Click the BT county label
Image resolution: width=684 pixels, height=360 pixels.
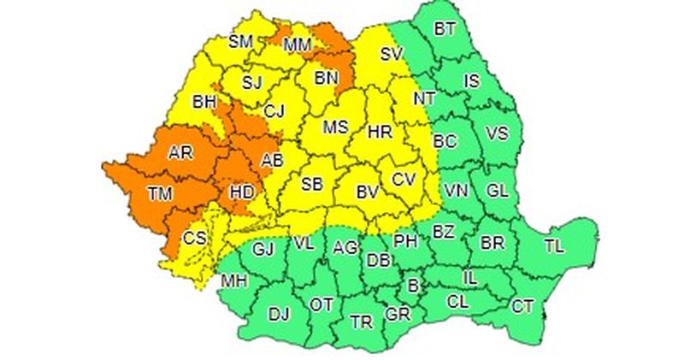(x=445, y=29)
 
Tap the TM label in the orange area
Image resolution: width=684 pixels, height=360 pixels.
(x=159, y=194)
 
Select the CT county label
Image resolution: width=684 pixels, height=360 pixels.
(x=522, y=305)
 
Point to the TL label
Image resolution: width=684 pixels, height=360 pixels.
(x=554, y=247)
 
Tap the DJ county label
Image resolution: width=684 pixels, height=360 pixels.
(x=279, y=314)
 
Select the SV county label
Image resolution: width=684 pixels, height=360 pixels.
(x=392, y=54)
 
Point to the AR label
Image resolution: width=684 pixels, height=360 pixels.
(x=180, y=153)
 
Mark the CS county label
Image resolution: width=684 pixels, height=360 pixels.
(x=196, y=237)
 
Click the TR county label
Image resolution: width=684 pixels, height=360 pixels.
(x=362, y=322)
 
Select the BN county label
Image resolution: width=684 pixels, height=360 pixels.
(x=327, y=79)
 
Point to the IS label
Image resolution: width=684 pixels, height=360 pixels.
(x=472, y=81)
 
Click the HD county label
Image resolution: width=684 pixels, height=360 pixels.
(x=243, y=193)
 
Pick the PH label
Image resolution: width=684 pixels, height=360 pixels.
(x=404, y=241)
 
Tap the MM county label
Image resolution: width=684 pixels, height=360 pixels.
(x=298, y=44)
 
